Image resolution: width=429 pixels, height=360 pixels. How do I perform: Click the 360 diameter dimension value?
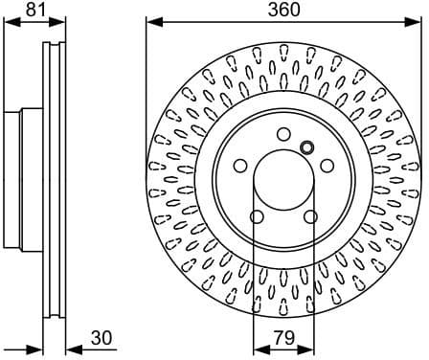coord(283,10)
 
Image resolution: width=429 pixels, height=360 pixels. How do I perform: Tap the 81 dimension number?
coord(35,10)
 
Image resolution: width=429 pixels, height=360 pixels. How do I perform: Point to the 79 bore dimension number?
coord(283,339)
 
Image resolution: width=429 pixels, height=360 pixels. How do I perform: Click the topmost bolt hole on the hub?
coord(283,134)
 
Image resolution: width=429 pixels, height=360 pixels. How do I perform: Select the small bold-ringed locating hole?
coord(307,146)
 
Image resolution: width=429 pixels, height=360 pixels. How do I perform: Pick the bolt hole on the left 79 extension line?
coord(257,216)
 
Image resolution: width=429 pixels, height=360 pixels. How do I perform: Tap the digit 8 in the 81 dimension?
coord(31,10)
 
